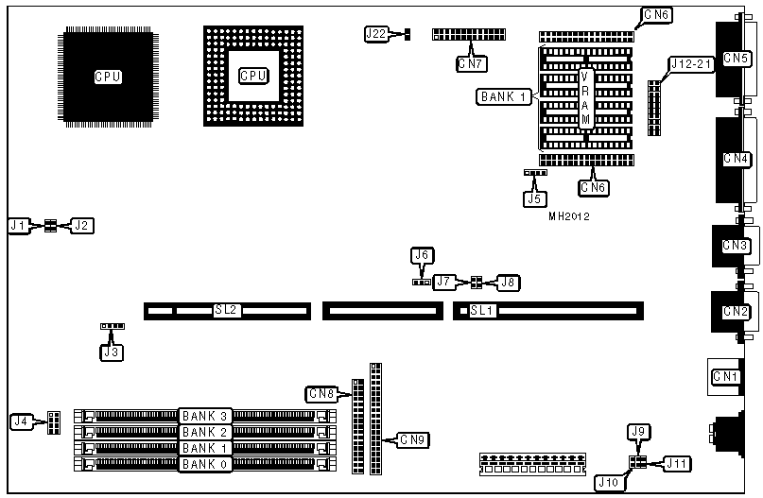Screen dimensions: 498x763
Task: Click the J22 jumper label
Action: coord(375,34)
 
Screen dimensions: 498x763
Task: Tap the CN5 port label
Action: coord(736,59)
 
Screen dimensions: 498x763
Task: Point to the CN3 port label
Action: coord(736,246)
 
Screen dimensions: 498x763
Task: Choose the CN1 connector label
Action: coord(725,377)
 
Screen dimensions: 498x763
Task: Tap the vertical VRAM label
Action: coord(586,98)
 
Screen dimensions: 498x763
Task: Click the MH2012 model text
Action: coord(569,216)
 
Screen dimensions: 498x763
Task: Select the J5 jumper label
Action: coord(534,198)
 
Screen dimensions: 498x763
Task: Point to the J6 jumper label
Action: coord(422,255)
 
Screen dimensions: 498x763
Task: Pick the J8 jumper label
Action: coord(509,282)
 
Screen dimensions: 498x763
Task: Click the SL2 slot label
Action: coord(225,310)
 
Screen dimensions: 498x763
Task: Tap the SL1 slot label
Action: coord(482,310)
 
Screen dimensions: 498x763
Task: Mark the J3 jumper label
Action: coord(113,352)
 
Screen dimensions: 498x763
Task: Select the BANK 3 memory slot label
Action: coord(205,416)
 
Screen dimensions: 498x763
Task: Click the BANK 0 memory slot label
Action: coord(205,464)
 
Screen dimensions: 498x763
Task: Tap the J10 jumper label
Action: coord(607,482)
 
